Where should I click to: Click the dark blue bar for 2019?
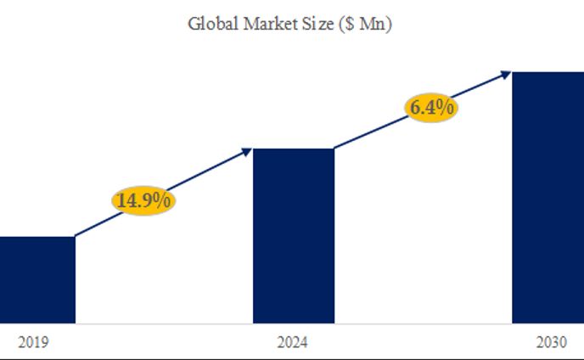click(x=37, y=279)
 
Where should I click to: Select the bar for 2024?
click(x=294, y=235)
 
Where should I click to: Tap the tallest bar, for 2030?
click(x=547, y=197)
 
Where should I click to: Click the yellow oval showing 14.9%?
click(x=143, y=201)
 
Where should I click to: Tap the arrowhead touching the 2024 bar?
click(x=248, y=151)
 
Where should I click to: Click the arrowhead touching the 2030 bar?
click(x=507, y=74)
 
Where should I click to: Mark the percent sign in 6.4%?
click(x=446, y=109)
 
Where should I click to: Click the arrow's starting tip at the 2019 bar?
click(x=76, y=236)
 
